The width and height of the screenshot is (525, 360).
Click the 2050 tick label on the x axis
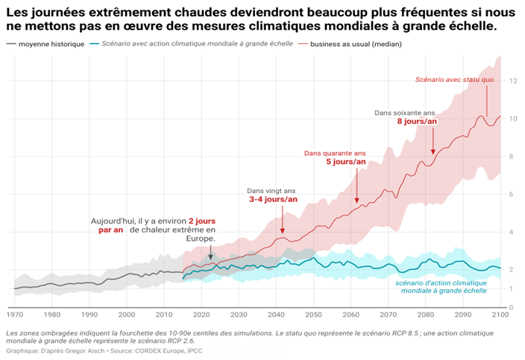313,315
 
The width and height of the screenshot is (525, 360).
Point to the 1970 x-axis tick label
15,315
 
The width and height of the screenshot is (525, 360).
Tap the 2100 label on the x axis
500,315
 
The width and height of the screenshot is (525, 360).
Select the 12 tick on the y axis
513,81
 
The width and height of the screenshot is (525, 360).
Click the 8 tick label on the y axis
512,157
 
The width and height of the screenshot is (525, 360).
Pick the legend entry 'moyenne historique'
45,44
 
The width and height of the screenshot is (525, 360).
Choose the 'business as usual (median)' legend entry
350,44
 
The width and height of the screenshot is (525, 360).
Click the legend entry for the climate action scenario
192,44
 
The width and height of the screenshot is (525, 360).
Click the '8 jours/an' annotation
417,121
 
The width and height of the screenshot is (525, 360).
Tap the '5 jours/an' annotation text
346,162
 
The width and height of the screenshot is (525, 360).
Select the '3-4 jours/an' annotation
273,200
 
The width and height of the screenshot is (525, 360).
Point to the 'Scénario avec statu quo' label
454,80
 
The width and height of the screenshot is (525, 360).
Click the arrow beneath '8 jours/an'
433,141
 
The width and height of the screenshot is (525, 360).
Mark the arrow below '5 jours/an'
357,186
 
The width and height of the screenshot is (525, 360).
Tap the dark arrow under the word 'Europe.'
210,252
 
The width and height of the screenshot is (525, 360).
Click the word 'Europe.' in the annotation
201,239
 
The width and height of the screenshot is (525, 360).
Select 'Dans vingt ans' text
271,191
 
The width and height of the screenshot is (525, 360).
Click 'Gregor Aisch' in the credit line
85,351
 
